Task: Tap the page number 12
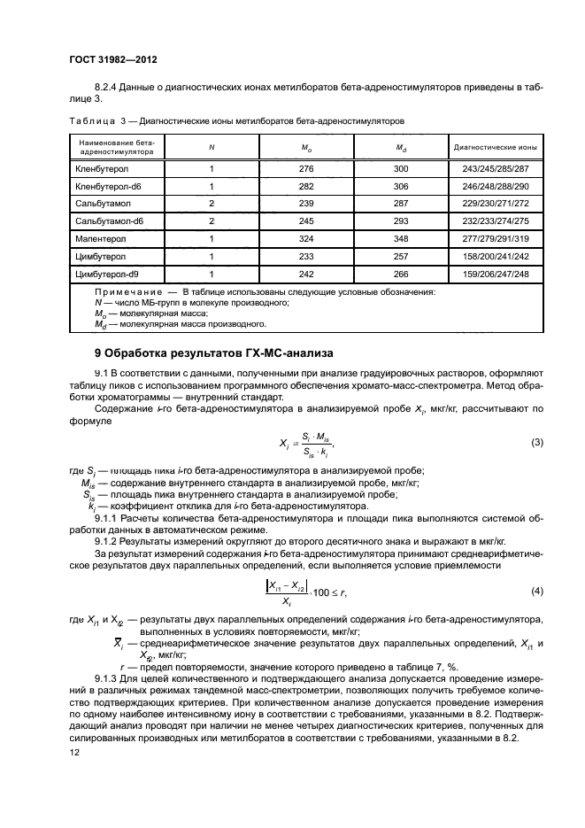74,751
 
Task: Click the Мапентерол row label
100,239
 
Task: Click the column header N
211,147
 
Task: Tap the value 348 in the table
400,239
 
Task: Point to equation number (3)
536,442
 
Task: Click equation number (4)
536,590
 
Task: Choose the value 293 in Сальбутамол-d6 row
400,221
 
